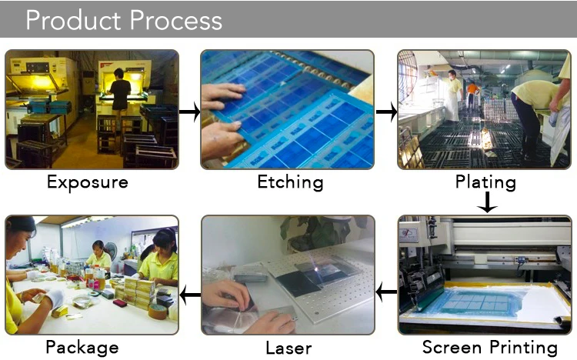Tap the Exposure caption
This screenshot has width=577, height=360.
(x=87, y=182)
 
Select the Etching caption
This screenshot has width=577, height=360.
(x=289, y=182)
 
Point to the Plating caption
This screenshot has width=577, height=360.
(x=485, y=182)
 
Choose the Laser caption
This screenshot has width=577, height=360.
(x=288, y=347)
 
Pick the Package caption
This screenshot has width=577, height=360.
(x=82, y=347)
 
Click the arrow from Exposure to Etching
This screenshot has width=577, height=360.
(x=189, y=113)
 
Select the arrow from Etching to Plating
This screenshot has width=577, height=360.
(x=386, y=113)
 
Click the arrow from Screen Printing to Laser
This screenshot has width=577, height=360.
(x=386, y=292)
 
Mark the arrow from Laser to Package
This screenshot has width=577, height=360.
(x=189, y=294)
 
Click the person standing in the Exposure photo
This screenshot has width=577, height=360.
(x=120, y=96)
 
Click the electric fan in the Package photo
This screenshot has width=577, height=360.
(x=111, y=252)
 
